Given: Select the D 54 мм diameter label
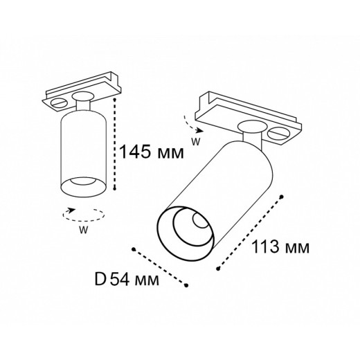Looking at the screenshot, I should click(125, 280).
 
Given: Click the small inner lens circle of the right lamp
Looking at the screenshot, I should click(199, 224).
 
